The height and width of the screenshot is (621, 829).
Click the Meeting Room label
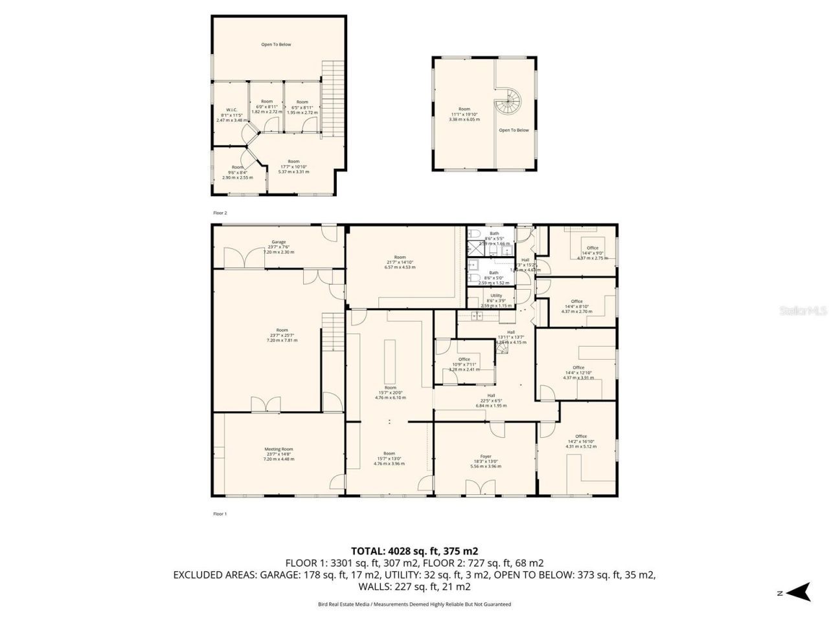click(x=278, y=453)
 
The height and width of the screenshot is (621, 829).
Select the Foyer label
click(x=485, y=461)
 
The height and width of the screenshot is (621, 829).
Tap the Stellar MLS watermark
click(x=802, y=310)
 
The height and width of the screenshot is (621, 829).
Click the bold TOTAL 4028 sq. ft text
click(x=414, y=551)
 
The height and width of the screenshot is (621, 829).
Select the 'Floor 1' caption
click(x=220, y=514)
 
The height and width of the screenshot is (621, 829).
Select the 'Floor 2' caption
click(x=220, y=212)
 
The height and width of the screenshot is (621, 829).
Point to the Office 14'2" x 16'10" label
click(x=580, y=441)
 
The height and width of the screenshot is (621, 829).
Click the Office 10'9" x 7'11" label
click(x=464, y=364)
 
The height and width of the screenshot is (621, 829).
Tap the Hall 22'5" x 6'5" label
click(x=491, y=400)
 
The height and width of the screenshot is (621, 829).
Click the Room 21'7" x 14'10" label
click(x=400, y=261)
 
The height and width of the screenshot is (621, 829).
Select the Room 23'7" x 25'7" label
click(x=282, y=334)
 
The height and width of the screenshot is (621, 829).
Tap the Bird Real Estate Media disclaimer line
click(x=414, y=604)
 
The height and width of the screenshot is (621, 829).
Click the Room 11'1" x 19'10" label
click(x=464, y=114)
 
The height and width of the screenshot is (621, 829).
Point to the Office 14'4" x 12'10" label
click(x=578, y=373)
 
